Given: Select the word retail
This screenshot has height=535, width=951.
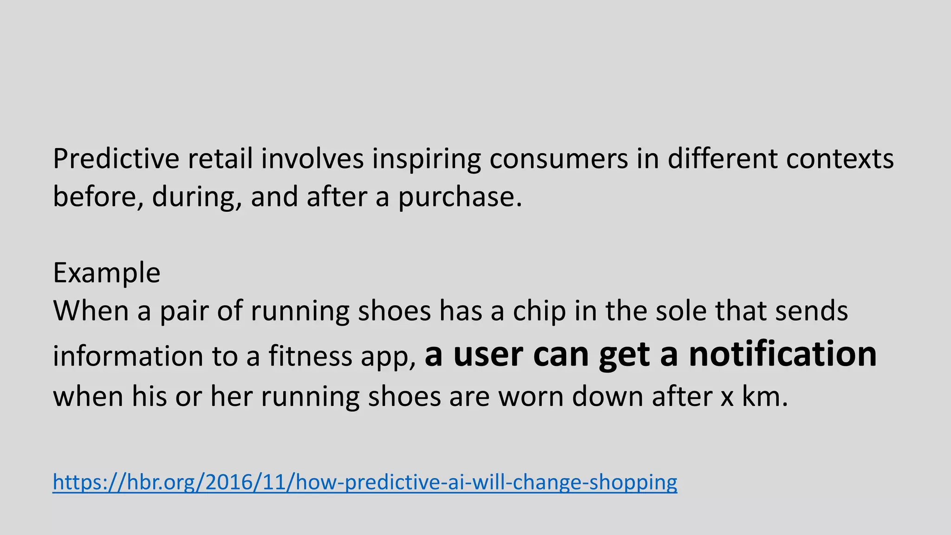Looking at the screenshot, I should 220,159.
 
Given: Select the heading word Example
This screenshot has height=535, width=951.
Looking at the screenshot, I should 106,273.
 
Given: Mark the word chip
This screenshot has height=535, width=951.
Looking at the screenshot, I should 539,311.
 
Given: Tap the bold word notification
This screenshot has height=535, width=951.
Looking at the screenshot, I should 782,354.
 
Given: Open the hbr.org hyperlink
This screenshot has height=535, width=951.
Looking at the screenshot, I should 365,482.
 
